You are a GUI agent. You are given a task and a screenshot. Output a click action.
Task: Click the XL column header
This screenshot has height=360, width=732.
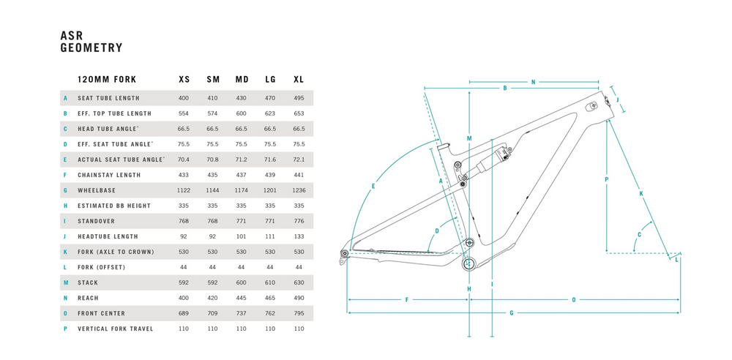pos(299,80)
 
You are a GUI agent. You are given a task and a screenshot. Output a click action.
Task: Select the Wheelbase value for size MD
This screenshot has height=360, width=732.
pos(242,190)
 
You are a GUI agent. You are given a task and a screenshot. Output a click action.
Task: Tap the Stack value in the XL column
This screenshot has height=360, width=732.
pos(299,282)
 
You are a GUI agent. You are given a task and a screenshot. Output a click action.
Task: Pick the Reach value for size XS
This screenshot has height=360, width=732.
pos(184,298)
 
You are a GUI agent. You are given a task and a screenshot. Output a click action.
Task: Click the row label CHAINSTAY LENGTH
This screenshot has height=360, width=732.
pos(109,175)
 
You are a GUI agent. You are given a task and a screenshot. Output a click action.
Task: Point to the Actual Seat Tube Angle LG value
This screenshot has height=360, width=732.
pos(270,160)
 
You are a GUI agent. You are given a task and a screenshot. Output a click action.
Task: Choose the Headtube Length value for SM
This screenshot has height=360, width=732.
pos(213,237)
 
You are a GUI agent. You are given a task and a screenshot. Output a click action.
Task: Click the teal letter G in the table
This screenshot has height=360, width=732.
pos(66,190)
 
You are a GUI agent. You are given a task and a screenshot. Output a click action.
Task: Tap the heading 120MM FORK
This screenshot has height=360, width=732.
pos(107,80)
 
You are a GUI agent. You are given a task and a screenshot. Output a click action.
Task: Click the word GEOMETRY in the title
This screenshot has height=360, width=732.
pos(91,48)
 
